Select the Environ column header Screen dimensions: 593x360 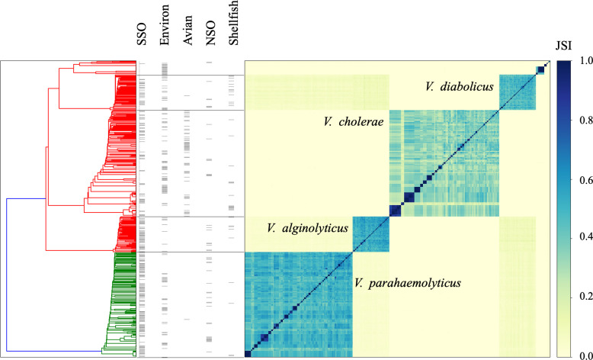(x=165, y=25)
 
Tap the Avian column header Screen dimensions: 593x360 (x=188, y=31)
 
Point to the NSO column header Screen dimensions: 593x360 (x=210, y=33)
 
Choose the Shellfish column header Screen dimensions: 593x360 (x=234, y=24)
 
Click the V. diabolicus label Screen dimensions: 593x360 (x=460, y=87)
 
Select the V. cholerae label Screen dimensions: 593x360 (x=354, y=121)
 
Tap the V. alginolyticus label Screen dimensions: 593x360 (x=307, y=228)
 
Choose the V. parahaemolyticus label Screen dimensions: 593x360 (x=408, y=283)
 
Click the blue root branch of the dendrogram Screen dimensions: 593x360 (x=6, y=275)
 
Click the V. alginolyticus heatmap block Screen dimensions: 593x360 (x=371, y=234)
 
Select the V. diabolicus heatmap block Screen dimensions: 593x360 (x=518, y=92)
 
